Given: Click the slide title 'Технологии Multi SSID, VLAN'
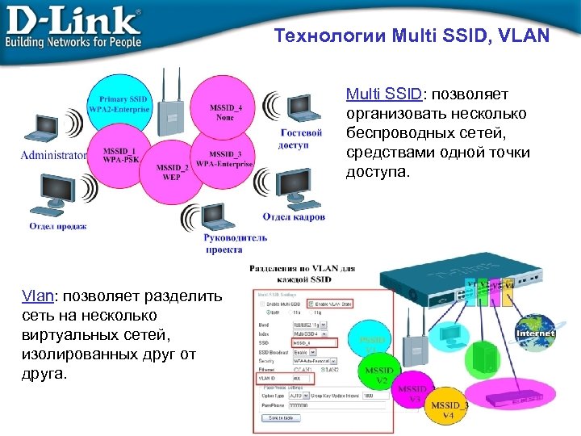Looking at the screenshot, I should click(412, 36).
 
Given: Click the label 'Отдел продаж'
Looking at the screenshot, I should click(58, 226).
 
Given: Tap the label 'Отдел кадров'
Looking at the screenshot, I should click(294, 216).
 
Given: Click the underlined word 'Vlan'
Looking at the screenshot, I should click(39, 296).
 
